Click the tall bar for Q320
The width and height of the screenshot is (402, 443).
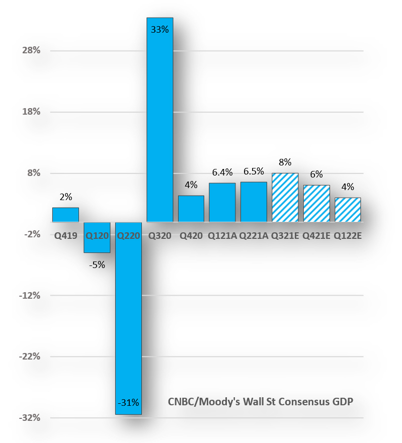click(x=159, y=121)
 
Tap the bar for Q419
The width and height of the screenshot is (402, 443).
click(x=65, y=215)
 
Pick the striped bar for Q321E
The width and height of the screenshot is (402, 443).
click(x=285, y=198)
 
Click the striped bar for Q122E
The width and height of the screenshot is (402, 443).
click(x=348, y=210)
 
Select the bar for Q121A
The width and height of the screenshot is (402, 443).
click(x=222, y=202)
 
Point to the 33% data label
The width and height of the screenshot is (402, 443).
click(x=159, y=30)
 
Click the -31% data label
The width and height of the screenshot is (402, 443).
click(x=128, y=402)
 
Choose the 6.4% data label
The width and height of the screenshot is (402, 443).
click(x=222, y=172)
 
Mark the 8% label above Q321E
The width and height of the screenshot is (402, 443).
click(x=285, y=162)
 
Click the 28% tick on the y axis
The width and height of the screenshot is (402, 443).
click(x=30, y=50)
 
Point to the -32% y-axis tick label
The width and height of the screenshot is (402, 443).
click(x=29, y=418)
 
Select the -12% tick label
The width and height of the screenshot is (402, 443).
click(x=29, y=296)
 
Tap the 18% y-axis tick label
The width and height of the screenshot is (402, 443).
click(x=30, y=112)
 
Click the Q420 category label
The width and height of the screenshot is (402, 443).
click(x=191, y=235)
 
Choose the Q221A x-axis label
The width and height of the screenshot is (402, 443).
click(x=254, y=235)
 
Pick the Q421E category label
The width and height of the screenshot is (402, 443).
click(x=316, y=235)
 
